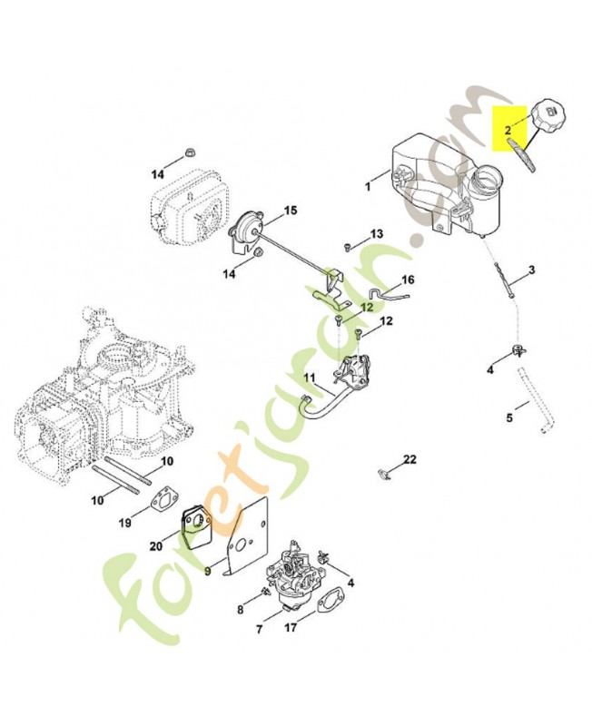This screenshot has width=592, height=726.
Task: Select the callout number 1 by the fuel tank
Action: pos(368,187)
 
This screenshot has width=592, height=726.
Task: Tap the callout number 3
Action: pos(532,270)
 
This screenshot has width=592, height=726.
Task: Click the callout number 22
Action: pos(410,459)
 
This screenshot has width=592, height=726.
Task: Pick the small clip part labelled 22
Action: pos(382,473)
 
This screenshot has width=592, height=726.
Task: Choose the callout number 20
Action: pos(155,546)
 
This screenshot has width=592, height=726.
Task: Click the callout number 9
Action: pos(208,572)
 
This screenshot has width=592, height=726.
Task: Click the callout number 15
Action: pos(290,211)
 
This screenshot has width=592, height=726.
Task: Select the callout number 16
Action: pos(408,280)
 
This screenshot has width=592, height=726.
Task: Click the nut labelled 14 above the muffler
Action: pos(189,152)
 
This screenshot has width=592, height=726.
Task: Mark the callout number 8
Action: pos(240,610)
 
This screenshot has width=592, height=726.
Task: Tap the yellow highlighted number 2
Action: pos(508,129)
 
